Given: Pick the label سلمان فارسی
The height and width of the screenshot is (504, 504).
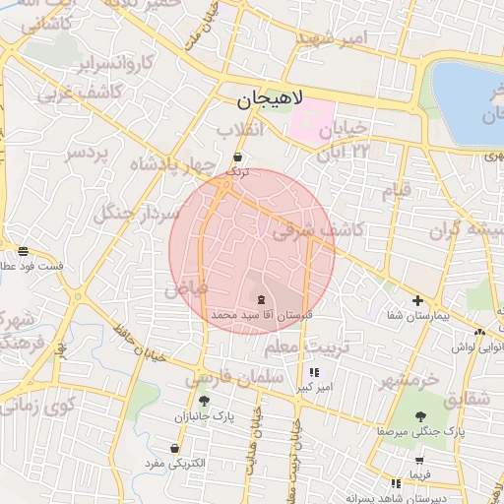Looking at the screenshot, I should (234, 377).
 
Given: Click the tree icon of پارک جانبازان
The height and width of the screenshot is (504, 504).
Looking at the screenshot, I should (204, 401).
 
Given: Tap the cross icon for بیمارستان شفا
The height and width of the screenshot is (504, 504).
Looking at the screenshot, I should (418, 300).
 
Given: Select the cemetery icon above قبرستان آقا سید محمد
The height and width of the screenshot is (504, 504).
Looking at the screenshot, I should (261, 298).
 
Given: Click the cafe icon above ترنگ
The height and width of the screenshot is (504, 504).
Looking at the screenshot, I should (238, 157).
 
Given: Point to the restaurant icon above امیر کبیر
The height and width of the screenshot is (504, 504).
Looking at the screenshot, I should (314, 373).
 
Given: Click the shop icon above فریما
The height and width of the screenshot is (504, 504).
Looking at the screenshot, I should (420, 460).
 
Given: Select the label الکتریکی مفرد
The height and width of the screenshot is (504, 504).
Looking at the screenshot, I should (173, 462).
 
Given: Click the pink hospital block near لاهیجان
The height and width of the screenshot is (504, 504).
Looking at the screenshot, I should (313, 122).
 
